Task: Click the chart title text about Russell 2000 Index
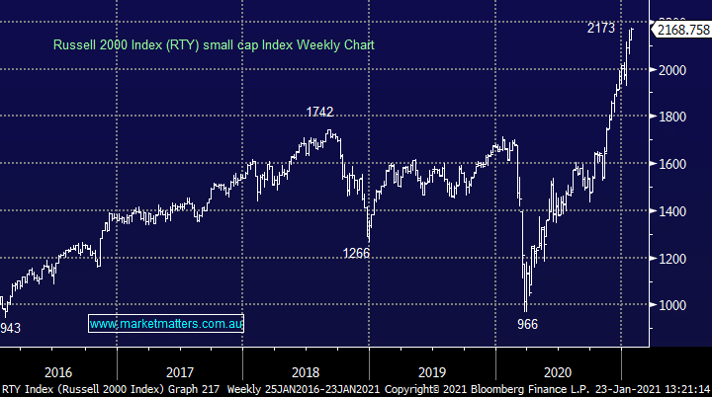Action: point(214,44)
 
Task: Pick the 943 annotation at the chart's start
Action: point(9,327)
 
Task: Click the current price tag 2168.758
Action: point(682,31)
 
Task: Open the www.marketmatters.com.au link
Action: point(166,323)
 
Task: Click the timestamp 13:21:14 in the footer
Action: point(682,389)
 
